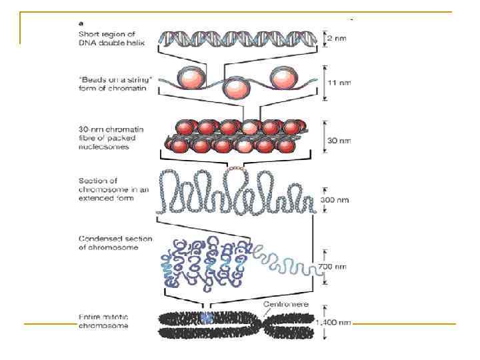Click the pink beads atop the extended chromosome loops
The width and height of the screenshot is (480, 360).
[235, 171]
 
